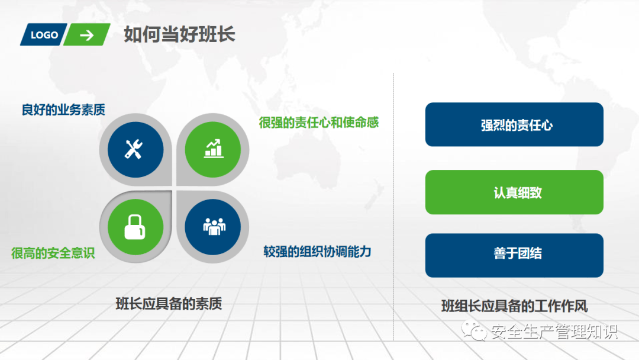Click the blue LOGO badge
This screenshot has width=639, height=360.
(44, 35)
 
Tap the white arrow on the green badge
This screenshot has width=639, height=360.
(87, 36)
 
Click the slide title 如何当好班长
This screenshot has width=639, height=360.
(179, 34)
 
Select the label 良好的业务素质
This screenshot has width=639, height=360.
(63, 110)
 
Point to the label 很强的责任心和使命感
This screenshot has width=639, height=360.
(319, 123)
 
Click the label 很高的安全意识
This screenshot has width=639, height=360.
(53, 253)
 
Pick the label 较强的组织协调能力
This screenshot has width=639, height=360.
(317, 252)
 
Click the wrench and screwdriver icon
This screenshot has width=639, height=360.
(134, 149)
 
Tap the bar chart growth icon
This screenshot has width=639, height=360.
(214, 149)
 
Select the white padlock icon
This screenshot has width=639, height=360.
(135, 227)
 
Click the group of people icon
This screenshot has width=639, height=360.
(214, 227)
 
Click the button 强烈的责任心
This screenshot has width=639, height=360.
(514, 125)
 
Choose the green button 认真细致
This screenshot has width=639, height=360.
(514, 192)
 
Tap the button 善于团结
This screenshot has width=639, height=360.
(514, 255)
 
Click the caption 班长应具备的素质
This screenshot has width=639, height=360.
(169, 304)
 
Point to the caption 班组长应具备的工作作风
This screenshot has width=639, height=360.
(514, 306)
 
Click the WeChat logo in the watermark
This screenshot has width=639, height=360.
(474, 330)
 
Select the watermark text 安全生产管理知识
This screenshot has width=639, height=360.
(554, 332)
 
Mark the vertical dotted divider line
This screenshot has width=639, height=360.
(393, 207)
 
